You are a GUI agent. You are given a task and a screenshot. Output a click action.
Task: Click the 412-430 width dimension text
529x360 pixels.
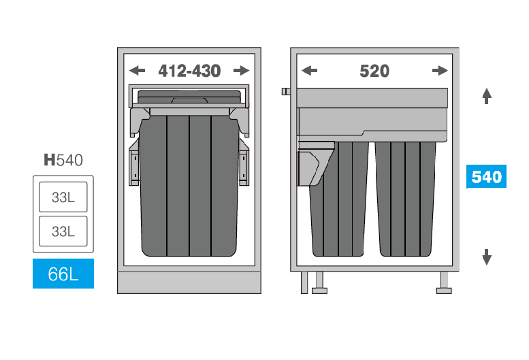coord(189,71)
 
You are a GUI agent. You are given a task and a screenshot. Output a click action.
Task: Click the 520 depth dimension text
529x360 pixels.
coord(374,71)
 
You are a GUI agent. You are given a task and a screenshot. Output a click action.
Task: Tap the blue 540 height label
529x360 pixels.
coord(486,176)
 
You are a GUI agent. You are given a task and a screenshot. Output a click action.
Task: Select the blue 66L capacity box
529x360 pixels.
coord(63,274)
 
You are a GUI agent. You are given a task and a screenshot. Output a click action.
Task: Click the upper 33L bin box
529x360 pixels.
coord(63,197)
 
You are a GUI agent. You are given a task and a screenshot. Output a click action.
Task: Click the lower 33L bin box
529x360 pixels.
coord(63,231)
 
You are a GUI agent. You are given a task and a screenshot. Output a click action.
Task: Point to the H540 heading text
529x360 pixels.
coord(63,160)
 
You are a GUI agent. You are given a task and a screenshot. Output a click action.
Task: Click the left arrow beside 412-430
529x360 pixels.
coord(137,71)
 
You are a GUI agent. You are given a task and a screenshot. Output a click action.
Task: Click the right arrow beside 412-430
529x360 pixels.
coord(241,71)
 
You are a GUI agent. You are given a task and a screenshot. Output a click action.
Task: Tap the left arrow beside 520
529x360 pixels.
coord(309,71)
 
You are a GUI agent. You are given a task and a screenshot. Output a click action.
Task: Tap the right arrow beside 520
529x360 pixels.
coord(440,71)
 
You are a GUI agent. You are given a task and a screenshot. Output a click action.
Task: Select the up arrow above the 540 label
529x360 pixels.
coord(487,96)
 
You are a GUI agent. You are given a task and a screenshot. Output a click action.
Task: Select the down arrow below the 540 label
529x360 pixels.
coord(487,257)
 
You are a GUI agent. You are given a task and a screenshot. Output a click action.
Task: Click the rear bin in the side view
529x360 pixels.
coord(405,199)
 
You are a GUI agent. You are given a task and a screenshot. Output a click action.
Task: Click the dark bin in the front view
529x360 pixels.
coord(189,185)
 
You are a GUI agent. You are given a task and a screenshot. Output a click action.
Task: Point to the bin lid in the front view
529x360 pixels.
coord(189,97)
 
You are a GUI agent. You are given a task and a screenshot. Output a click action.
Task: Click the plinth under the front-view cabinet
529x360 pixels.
coord(189,282)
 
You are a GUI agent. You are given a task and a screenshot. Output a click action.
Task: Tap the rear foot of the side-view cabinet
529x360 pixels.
coord(444,283)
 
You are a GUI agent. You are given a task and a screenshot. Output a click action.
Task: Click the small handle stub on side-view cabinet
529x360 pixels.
coord(286,91)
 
